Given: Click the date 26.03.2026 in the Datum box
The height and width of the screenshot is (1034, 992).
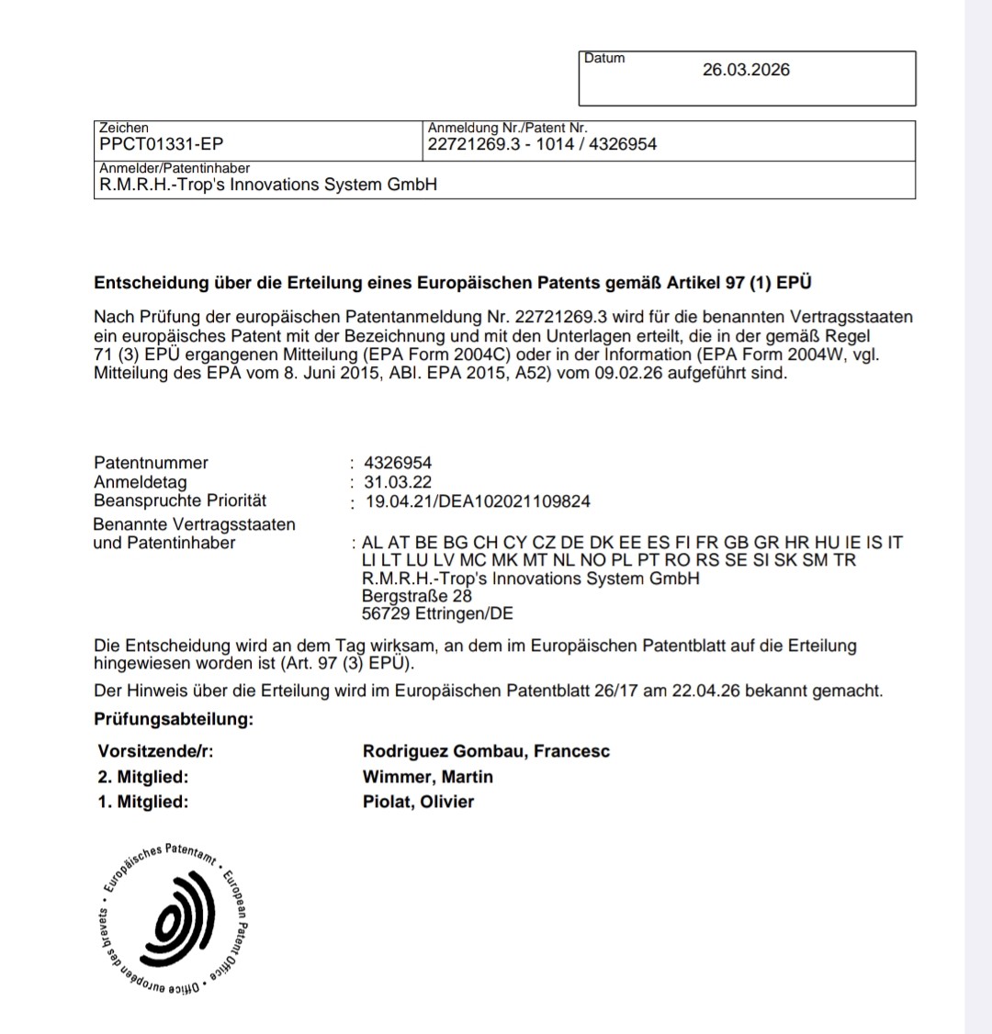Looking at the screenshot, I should tap(746, 70).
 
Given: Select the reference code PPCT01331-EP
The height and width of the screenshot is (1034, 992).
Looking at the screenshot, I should tap(161, 144).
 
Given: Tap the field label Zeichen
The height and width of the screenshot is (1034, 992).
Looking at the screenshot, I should tap(123, 128).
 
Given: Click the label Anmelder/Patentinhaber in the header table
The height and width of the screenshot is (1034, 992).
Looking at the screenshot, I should tap(175, 168).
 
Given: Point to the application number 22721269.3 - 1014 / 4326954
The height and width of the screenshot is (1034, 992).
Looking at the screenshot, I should tap(542, 144).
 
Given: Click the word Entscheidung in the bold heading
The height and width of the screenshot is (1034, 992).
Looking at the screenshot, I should tap(152, 283).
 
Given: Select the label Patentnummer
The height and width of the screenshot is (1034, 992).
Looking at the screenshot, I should tap(151, 463).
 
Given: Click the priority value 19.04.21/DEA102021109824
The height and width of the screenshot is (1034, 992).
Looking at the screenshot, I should tap(478, 501).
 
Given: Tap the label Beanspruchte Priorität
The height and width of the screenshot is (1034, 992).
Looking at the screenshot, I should tap(180, 500).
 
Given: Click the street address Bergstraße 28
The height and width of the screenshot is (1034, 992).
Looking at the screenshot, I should tap(417, 596).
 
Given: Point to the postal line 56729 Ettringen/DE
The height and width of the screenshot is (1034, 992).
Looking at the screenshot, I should tap(437, 614).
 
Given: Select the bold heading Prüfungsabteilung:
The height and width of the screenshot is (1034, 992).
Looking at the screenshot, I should tap(174, 719).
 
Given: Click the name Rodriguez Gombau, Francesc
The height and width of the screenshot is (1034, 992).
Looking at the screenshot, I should tap(486, 752).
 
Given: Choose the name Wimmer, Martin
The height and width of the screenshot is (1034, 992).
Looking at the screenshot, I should tap(428, 777).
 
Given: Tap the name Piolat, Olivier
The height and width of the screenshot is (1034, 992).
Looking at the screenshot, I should tap(418, 802).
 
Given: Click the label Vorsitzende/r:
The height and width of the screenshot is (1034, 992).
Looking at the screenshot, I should tap(155, 752).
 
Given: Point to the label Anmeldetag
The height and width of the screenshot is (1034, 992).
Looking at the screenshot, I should tap(140, 482).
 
